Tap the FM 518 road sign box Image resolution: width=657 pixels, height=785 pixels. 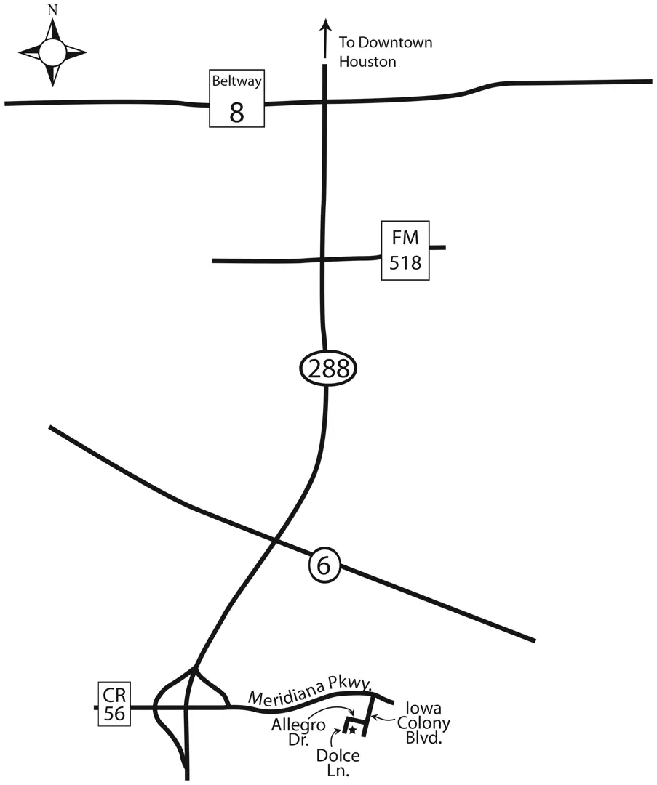point(405,250)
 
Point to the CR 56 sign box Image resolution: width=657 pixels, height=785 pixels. point(115,704)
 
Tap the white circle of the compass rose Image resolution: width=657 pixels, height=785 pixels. point(52,52)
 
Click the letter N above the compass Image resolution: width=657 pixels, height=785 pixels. point(52,10)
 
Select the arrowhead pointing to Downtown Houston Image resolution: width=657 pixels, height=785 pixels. point(325,25)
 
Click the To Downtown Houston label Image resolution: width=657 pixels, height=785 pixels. point(385,52)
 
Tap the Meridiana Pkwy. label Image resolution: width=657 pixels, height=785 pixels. point(311,691)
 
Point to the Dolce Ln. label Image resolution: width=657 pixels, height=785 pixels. point(338,763)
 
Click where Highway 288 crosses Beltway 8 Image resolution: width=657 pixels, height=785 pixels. point(324,102)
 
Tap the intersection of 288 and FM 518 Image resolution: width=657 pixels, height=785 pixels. point(323,259)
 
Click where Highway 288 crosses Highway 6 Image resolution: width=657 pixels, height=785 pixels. point(274,541)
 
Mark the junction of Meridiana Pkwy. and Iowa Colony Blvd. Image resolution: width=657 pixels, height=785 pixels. point(373,696)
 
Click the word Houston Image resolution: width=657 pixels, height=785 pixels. point(367,62)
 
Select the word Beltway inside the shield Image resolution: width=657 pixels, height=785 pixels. point(236,81)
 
